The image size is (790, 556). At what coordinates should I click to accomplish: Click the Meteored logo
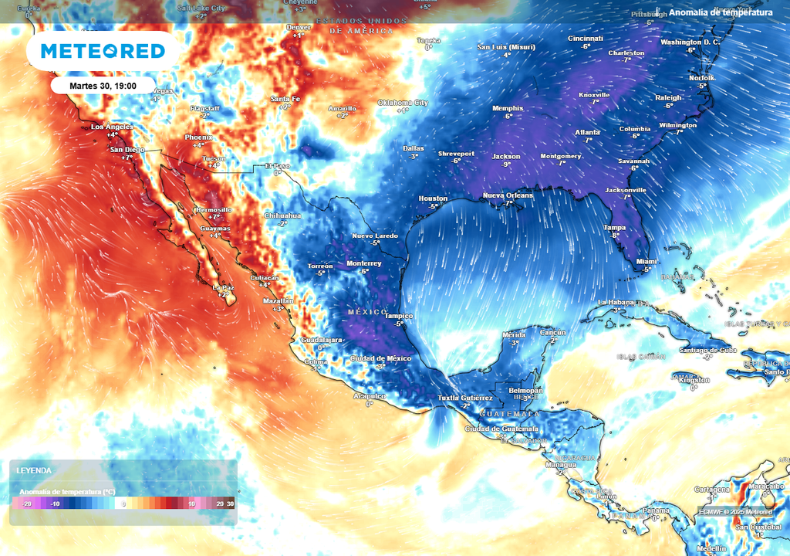[103, 51]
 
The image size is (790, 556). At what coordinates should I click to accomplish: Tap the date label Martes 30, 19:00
[103, 85]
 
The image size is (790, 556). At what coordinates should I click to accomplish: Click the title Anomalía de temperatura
[721, 12]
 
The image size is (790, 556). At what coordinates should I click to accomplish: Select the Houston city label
[433, 198]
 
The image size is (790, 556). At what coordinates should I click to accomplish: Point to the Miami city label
[647, 262]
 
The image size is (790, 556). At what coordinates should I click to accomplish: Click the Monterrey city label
[364, 263]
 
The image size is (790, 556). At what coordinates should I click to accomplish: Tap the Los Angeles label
[113, 127]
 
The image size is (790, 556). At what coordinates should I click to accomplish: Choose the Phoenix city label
[198, 137]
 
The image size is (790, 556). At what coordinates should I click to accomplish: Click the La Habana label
[615, 302]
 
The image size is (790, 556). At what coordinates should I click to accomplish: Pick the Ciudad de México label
[381, 358]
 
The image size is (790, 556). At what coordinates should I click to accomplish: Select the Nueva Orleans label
[508, 195]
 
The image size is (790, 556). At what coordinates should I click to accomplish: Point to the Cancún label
[553, 332]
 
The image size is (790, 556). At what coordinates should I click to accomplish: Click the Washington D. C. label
[690, 42]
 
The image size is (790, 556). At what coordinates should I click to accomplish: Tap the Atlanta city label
[587, 132]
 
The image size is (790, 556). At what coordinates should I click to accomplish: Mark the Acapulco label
[369, 395]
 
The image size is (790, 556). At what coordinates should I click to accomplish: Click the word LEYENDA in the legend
[34, 470]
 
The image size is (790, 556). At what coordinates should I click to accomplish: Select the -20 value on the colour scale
[26, 503]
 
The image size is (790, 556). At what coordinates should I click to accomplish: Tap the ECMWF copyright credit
[735, 512]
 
